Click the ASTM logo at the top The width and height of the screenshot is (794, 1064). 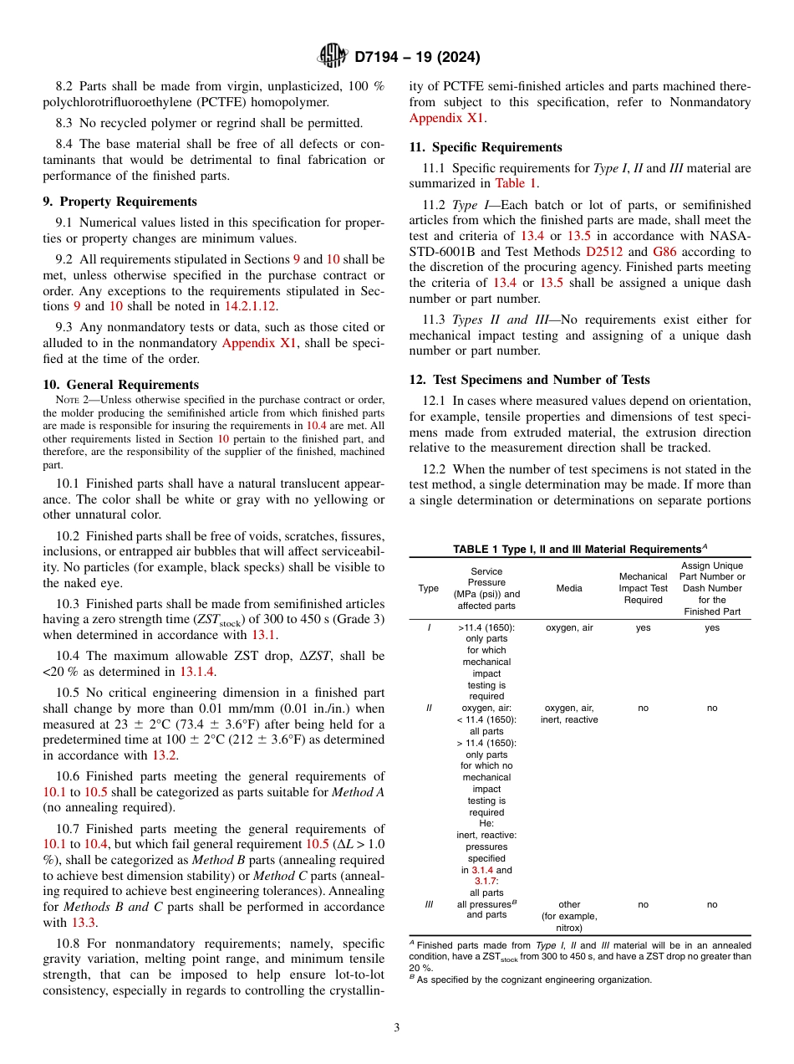click(333, 56)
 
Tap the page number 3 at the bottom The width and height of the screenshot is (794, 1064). click(396, 1027)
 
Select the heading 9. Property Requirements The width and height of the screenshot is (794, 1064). click(120, 202)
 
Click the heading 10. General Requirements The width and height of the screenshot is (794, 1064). click(121, 385)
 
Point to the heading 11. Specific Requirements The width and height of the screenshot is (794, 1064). click(486, 147)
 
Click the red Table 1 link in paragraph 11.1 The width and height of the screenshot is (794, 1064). click(517, 183)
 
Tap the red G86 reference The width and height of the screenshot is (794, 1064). click(664, 252)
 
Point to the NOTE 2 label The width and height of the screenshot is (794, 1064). click(71, 400)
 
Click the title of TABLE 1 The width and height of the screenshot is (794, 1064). click(579, 550)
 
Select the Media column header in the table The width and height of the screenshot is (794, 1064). click(569, 588)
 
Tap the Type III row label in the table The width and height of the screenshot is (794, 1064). click(429, 904)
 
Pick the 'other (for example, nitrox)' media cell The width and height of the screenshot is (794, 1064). click(569, 915)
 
